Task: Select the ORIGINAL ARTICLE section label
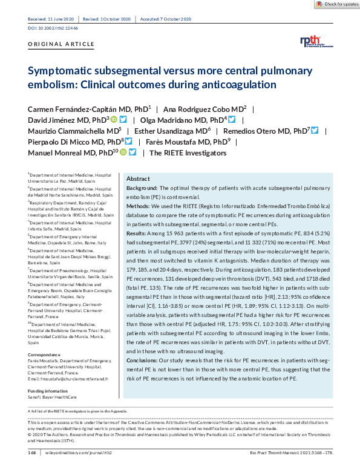[x=61, y=45]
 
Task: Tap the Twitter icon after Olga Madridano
[x=231, y=120]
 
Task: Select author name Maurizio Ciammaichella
[x=75, y=131]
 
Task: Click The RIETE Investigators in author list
[x=188, y=152]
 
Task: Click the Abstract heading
[x=138, y=180]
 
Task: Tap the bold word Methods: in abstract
[x=140, y=206]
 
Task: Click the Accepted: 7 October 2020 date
[x=165, y=20]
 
